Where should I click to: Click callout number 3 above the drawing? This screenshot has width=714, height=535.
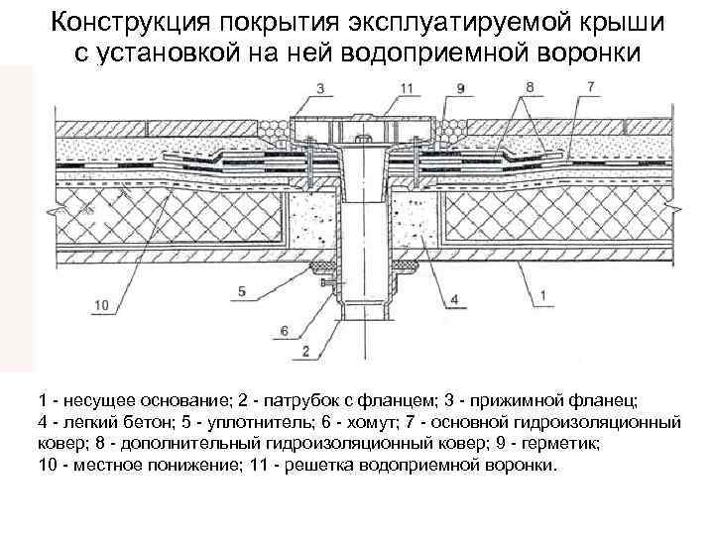[319, 89]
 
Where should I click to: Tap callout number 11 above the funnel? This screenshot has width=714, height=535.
[408, 88]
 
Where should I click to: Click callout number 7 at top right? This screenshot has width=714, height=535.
[591, 88]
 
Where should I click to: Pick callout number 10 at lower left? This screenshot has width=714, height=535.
[102, 306]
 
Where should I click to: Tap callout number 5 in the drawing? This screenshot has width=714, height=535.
[242, 290]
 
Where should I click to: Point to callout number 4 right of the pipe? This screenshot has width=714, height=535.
[454, 298]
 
